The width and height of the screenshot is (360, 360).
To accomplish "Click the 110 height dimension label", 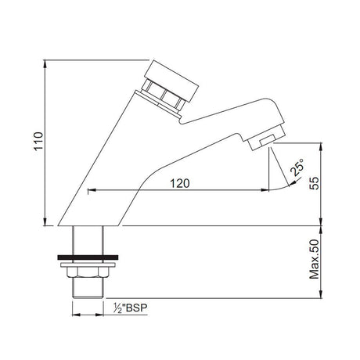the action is point(38,141).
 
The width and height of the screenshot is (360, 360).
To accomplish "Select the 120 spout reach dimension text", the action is point(180,183).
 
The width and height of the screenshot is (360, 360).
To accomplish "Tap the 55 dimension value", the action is point(315,183).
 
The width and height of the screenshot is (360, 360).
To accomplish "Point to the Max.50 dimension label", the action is point(315,259).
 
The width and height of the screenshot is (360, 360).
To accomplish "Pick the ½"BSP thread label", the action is point(130,308).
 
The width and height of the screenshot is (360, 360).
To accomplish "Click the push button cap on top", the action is point(171,81).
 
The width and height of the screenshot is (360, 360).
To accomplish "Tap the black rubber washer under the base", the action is point(88,257).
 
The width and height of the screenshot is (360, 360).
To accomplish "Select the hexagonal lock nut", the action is point(88,272).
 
